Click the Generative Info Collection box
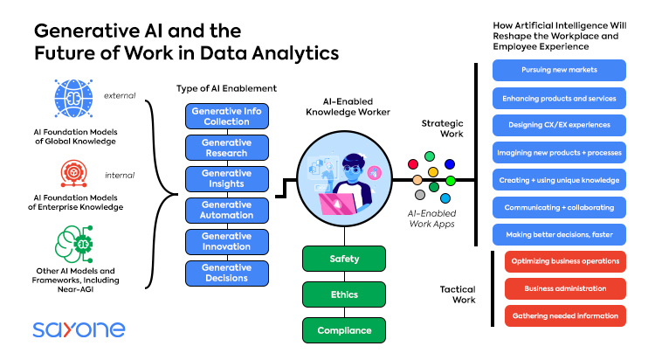[226, 116]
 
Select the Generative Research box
[226, 148]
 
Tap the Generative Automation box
[226, 211]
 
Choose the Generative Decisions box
[226, 273]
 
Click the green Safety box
[344, 260]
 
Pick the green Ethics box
[344, 295]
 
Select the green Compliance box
[344, 330]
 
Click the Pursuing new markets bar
[558, 70]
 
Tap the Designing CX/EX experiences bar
[558, 125]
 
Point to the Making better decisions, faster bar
[558, 234]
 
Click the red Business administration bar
[565, 288]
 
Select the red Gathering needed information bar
[565, 315]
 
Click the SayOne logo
[79, 329]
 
